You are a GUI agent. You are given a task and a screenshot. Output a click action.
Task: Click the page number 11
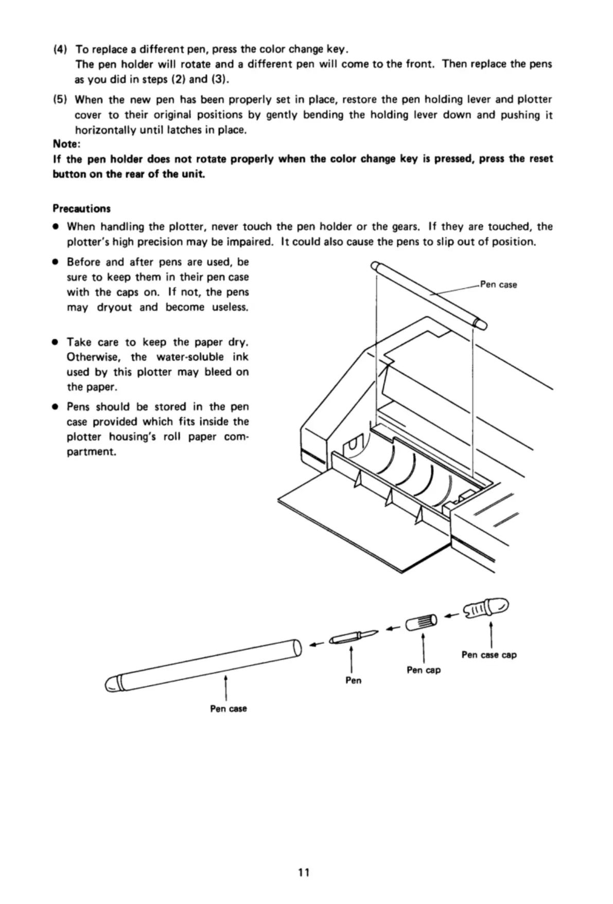point(304,873)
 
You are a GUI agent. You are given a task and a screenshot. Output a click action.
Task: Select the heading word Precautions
point(81,208)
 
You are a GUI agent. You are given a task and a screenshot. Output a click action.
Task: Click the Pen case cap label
point(489,655)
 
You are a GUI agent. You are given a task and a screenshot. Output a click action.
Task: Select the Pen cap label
point(423,670)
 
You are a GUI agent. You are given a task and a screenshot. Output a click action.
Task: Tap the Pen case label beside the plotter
point(498,284)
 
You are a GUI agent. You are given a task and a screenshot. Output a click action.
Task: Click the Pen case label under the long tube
point(228,709)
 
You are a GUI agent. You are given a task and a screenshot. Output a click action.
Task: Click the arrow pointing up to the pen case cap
point(492,632)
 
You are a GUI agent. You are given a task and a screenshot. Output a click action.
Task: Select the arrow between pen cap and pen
point(393,628)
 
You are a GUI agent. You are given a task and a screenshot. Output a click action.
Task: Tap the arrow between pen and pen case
point(315,643)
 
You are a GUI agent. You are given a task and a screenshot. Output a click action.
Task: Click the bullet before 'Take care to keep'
point(54,342)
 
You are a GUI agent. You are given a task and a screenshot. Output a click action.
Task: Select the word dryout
point(113,308)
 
